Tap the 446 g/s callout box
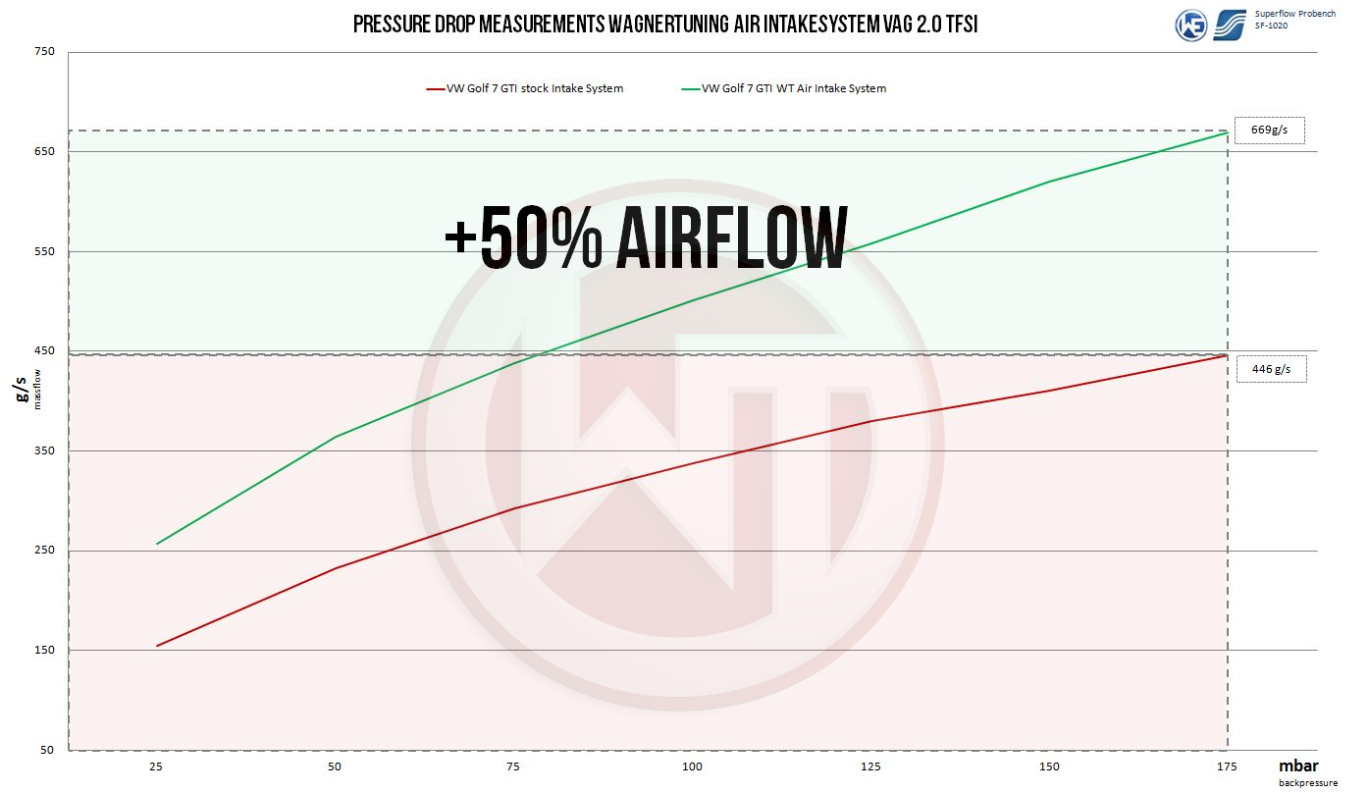coord(1271,369)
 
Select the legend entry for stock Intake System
coord(525,88)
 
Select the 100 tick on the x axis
coord(692,766)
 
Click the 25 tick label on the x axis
coord(157,766)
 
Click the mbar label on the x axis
coord(1298,766)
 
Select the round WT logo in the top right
coord(1191,25)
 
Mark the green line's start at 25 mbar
coord(157,544)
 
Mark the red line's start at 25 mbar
coord(157,646)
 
